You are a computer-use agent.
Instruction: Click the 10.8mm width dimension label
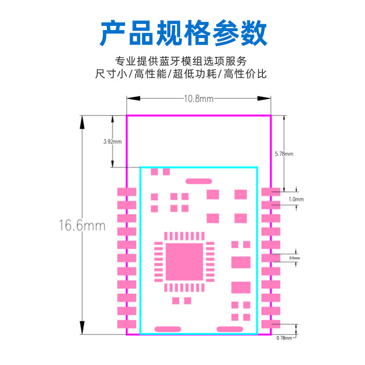tap(199, 98)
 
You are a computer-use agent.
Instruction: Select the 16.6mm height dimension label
tap(82, 226)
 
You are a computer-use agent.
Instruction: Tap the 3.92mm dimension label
tap(112, 142)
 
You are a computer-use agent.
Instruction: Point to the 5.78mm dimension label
tap(284, 154)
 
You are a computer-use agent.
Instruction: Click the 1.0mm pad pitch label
tap(296, 199)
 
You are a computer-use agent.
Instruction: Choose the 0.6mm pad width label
tap(294, 258)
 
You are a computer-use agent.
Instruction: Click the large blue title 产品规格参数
tap(183, 33)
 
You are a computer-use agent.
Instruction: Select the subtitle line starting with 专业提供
tap(182, 61)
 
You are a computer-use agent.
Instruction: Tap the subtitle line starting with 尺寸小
tap(182, 74)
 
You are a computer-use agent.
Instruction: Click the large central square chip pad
tap(184, 262)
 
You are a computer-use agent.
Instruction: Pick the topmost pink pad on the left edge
tap(127, 192)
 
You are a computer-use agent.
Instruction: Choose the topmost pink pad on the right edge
tap(271, 192)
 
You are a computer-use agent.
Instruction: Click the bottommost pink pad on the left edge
tap(127, 324)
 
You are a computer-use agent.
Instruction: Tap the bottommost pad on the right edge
tap(271, 324)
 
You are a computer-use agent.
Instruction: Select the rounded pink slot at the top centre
tap(199, 181)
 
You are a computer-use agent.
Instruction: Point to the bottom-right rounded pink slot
tap(229, 329)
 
